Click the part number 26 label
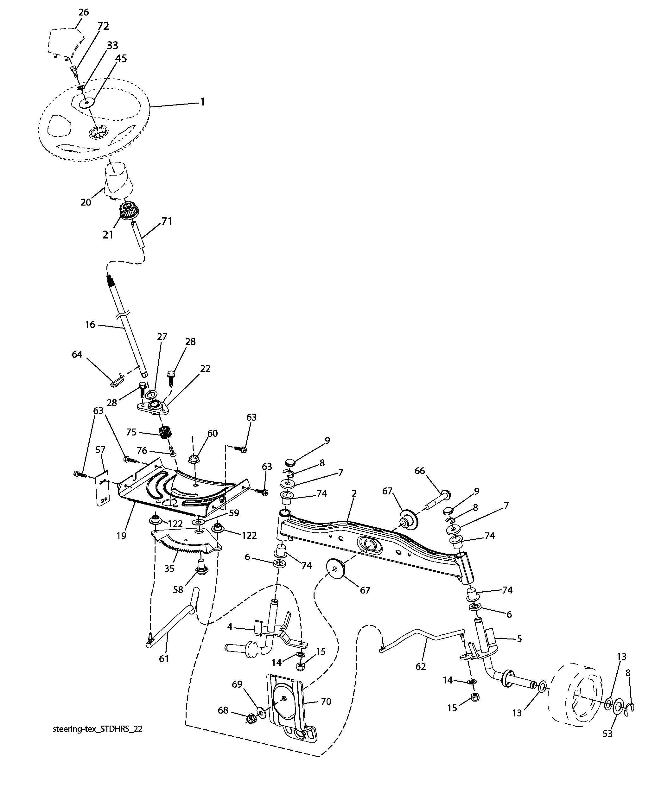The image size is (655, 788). point(83,12)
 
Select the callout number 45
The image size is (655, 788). point(121,59)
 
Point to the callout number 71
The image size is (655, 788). point(166,221)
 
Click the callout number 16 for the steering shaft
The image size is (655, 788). point(90,324)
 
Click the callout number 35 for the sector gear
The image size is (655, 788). point(169,569)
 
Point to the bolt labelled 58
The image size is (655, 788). point(199,575)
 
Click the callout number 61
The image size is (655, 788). point(164,658)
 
